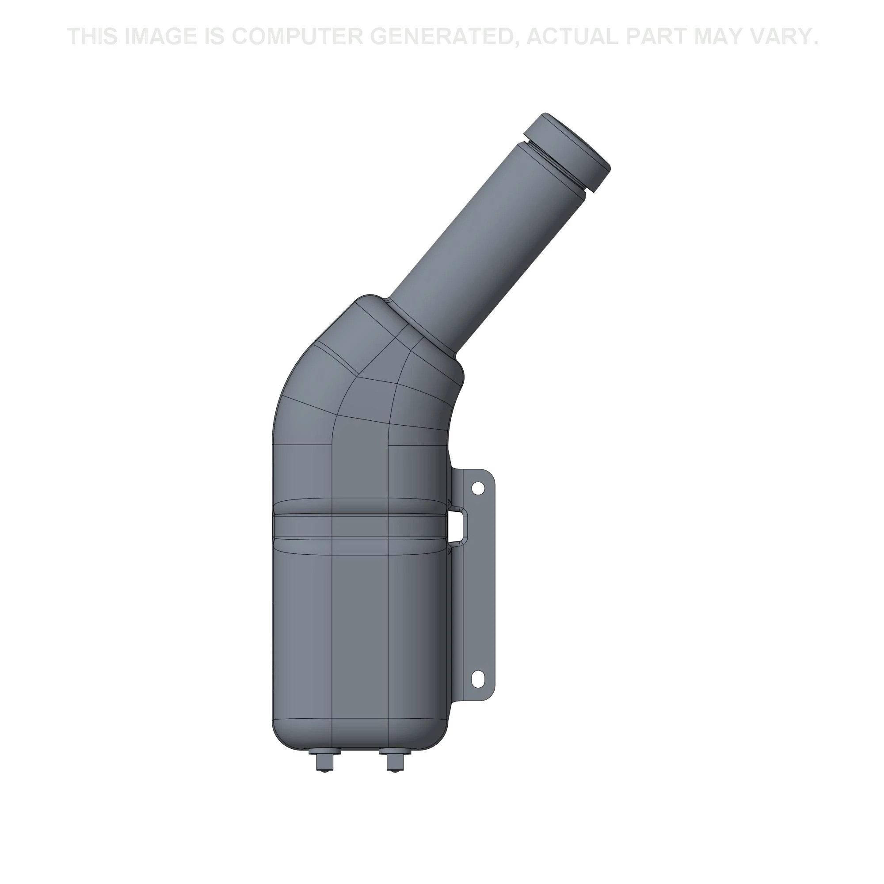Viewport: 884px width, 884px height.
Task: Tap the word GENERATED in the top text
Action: [447, 37]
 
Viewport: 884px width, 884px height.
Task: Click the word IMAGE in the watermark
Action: [160, 37]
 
